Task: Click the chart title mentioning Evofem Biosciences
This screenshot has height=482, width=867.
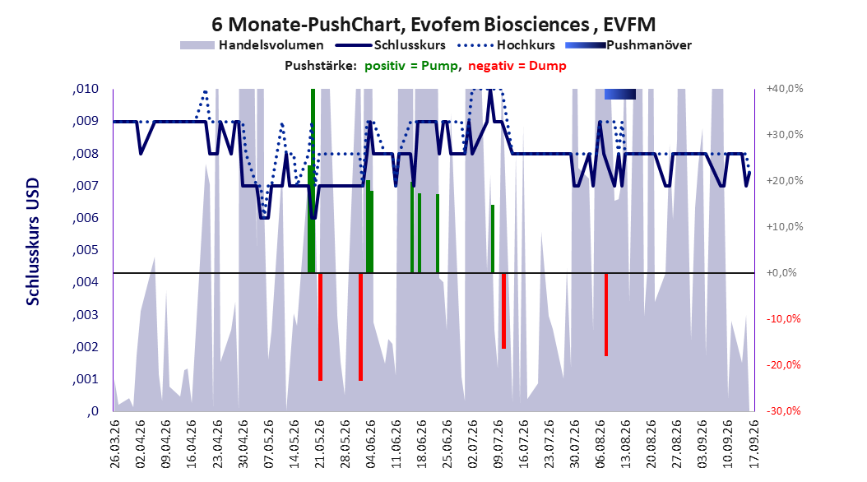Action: pos(433,25)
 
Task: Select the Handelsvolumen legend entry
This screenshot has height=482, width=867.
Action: pos(252,45)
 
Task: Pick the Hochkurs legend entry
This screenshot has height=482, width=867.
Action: pos(506,45)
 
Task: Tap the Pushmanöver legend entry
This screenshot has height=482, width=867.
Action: pos(628,45)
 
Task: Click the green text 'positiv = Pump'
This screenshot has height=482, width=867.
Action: pos(411,66)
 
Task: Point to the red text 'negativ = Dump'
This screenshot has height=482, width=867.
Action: pos(517,66)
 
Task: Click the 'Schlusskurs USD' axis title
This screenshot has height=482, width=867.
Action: pos(33,242)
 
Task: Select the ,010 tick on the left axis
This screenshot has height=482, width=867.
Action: pos(86,89)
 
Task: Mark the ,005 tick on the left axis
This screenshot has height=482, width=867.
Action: pos(86,250)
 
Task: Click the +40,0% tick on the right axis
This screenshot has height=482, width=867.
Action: pos(785,89)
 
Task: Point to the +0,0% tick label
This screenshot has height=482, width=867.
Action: pos(781,272)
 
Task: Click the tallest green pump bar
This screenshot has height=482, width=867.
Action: pos(313,181)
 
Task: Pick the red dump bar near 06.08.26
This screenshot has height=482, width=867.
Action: pos(606,314)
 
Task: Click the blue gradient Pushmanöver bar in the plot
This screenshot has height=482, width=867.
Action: pos(620,94)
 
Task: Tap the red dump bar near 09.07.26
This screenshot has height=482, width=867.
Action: pos(503,311)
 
